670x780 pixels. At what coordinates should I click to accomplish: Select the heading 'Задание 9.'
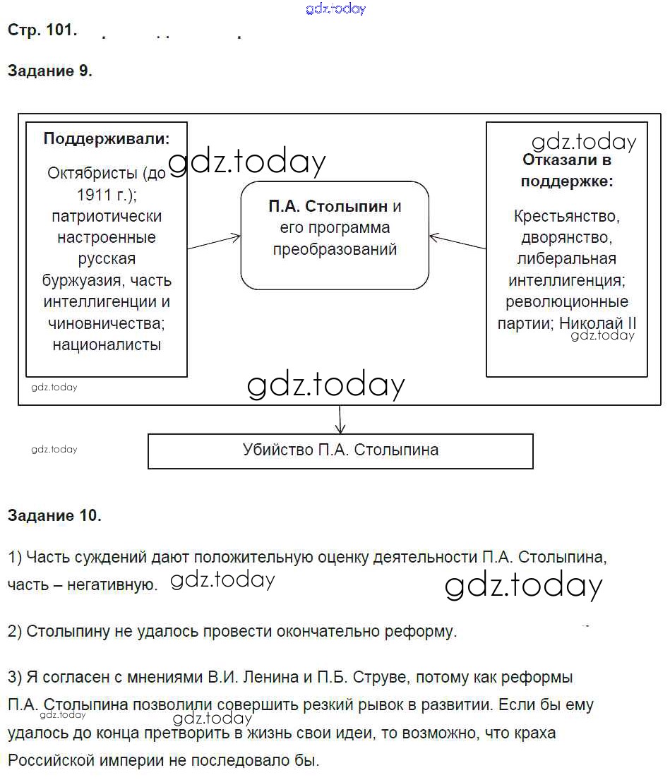[50, 71]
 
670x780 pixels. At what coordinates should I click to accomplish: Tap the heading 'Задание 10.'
[54, 515]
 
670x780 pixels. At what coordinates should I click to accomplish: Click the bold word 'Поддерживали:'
[107, 139]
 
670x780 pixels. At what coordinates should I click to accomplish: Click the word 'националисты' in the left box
[107, 345]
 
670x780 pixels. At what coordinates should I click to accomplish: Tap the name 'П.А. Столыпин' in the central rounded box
[328, 207]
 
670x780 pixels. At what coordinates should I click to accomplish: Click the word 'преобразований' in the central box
[335, 249]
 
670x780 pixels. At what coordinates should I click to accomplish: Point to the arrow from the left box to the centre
[214, 242]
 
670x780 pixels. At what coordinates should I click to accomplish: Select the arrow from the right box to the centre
[457, 241]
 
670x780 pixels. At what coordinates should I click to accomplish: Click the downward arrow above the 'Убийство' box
[341, 419]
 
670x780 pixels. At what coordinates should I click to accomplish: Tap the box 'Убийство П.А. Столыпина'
[340, 450]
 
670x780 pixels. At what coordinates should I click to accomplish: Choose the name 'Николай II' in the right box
[599, 323]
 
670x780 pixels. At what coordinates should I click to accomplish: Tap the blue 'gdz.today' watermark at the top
[336, 9]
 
